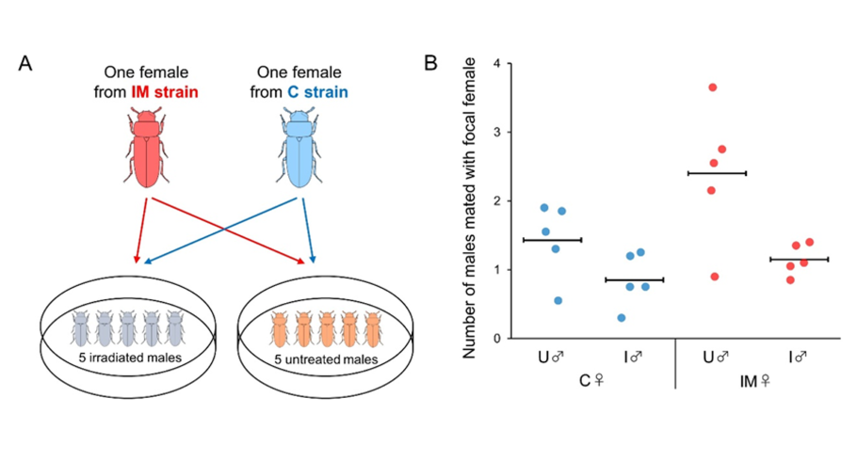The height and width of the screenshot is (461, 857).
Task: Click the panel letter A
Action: [x=25, y=63]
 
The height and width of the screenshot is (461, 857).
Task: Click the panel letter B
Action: [x=430, y=63]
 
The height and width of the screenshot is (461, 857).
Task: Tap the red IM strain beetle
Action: [x=147, y=148]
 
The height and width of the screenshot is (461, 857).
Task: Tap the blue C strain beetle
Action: [x=299, y=148]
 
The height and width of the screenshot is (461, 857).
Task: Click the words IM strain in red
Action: [x=165, y=92]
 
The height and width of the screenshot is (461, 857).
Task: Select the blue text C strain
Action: [x=317, y=92]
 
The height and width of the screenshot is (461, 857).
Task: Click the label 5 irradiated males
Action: [x=130, y=358]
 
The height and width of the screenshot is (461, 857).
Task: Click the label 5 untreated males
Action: [x=326, y=359]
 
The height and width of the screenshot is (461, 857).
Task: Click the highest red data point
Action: [x=712, y=87]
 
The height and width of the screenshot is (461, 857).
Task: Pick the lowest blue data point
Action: [x=622, y=318]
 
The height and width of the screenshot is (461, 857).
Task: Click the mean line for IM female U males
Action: [x=717, y=174]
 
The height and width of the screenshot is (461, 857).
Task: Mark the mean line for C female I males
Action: [x=635, y=280]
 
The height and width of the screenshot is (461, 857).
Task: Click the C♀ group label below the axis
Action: [x=591, y=381]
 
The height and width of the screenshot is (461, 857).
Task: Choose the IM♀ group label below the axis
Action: [x=754, y=381]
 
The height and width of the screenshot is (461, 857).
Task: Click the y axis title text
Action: [x=469, y=208]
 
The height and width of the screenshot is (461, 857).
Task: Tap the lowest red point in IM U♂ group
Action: [x=715, y=277]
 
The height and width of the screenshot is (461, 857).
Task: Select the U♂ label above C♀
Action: [x=551, y=358]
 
